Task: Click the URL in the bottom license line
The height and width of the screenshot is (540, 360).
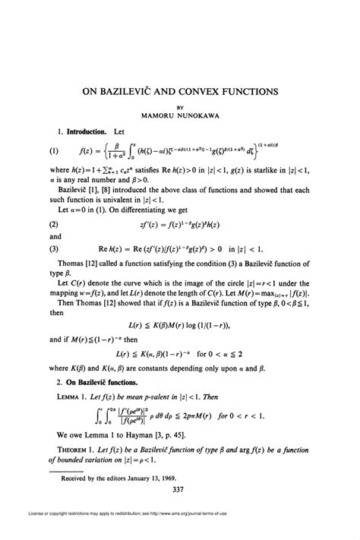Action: click(x=251, y=529)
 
